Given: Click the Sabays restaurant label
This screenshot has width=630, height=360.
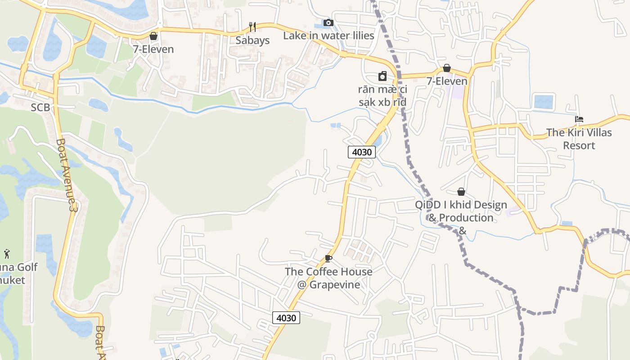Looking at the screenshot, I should tap(252, 40).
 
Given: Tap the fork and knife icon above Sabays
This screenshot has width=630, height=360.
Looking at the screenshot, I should tap(252, 27).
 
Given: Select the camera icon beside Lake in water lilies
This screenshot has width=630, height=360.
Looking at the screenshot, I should tap(328, 23).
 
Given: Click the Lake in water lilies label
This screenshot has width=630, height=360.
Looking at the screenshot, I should tap(328, 36).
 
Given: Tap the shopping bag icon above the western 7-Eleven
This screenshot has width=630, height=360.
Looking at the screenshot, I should tap(153, 36).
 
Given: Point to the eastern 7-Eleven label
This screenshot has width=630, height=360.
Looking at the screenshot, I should tap(447, 81).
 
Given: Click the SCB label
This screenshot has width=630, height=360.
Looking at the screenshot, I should tap(40, 108).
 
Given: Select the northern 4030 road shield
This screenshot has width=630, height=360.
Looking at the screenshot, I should tap(362, 152).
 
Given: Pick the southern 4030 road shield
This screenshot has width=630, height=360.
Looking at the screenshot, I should tap(286, 318).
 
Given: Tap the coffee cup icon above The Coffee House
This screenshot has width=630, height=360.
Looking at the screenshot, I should tap(328, 258).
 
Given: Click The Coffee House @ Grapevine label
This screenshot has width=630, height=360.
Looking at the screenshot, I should tap(328, 278).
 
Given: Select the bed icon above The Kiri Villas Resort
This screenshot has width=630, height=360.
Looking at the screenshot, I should tap(579, 119).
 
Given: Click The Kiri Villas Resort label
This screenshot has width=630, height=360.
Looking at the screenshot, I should tap(579, 139).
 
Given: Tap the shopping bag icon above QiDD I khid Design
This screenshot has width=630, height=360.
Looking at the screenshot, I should tap(461, 192).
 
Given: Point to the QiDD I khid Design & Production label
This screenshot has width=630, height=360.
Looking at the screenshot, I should tap(461, 211).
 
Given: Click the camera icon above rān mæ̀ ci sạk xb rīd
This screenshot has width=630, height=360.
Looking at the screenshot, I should tap(382, 76).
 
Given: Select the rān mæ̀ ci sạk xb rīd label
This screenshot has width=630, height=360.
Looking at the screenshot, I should tap(382, 96).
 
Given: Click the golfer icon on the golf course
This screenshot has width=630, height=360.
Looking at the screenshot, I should tap(7, 254).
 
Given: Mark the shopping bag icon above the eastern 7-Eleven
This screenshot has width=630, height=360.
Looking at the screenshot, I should tap(447, 68).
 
